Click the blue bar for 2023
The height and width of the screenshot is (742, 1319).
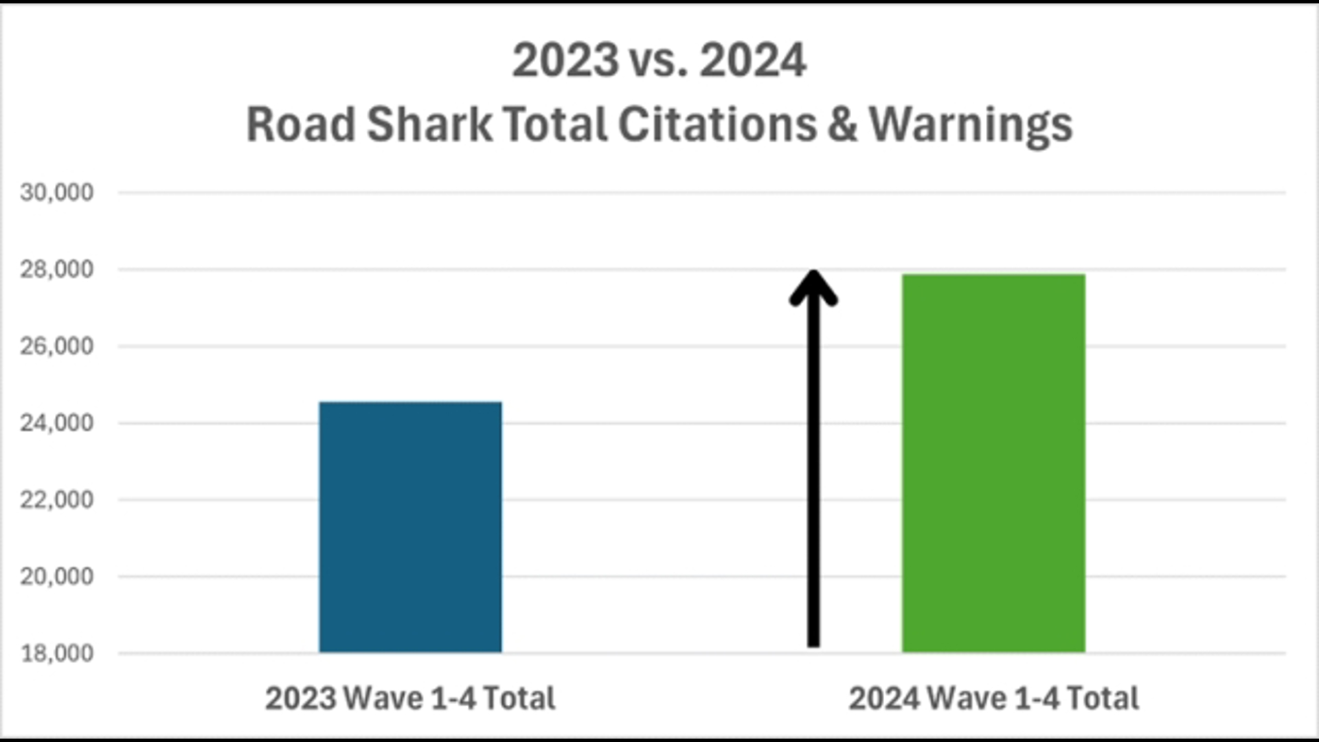pyautogui.click(x=410, y=527)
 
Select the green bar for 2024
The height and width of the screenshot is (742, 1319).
pyautogui.click(x=993, y=463)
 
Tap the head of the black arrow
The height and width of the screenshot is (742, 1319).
pyautogui.click(x=813, y=287)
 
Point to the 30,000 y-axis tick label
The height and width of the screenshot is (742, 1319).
pyautogui.click(x=56, y=192)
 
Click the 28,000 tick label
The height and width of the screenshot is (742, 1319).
pyautogui.click(x=56, y=269)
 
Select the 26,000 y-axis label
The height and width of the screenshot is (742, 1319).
pyautogui.click(x=56, y=346)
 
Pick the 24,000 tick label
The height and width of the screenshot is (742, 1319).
pyautogui.click(x=56, y=423)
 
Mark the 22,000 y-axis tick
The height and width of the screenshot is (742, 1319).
pyautogui.click(x=56, y=499)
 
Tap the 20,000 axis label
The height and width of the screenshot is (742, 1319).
pyautogui.click(x=56, y=576)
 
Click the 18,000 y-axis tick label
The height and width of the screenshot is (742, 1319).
pyautogui.click(x=56, y=653)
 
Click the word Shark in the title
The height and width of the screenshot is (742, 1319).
pyautogui.click(x=429, y=124)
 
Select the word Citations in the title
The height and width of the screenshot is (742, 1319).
pyautogui.click(x=717, y=124)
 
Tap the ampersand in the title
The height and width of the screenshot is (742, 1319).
pyautogui.click(x=843, y=124)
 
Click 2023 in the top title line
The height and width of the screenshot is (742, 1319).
pyautogui.click(x=565, y=60)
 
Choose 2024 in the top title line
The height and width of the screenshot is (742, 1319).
pyautogui.click(x=753, y=60)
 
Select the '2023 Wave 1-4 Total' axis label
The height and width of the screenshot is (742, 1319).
pyautogui.click(x=410, y=698)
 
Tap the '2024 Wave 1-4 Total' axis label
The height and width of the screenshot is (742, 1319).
pyautogui.click(x=993, y=698)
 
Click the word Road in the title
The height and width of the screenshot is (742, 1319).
pyautogui.click(x=300, y=124)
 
